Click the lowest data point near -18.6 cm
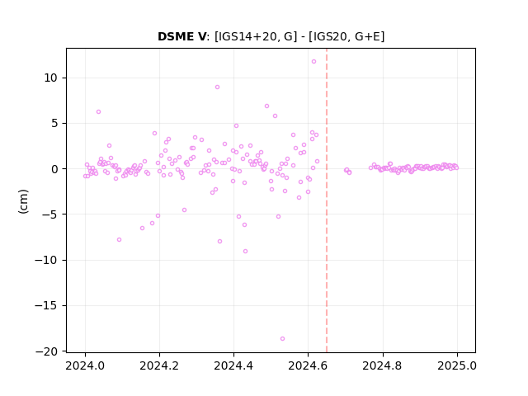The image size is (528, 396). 282,339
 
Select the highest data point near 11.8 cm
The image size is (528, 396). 313,62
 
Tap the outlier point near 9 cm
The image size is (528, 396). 217,87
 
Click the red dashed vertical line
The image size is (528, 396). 327,200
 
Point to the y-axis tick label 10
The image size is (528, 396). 50,78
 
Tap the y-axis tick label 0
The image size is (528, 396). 54,169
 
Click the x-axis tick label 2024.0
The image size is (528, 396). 85,365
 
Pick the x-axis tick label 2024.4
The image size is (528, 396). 233,365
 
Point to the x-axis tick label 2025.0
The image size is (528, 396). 457,365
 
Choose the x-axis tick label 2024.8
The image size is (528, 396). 383,365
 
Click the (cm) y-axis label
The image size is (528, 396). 23,201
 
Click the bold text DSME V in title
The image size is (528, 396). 181,36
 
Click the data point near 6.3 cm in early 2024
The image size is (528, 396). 98,112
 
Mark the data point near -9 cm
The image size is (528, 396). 245,251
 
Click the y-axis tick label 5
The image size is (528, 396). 54,124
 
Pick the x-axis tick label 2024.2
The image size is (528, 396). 159,365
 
